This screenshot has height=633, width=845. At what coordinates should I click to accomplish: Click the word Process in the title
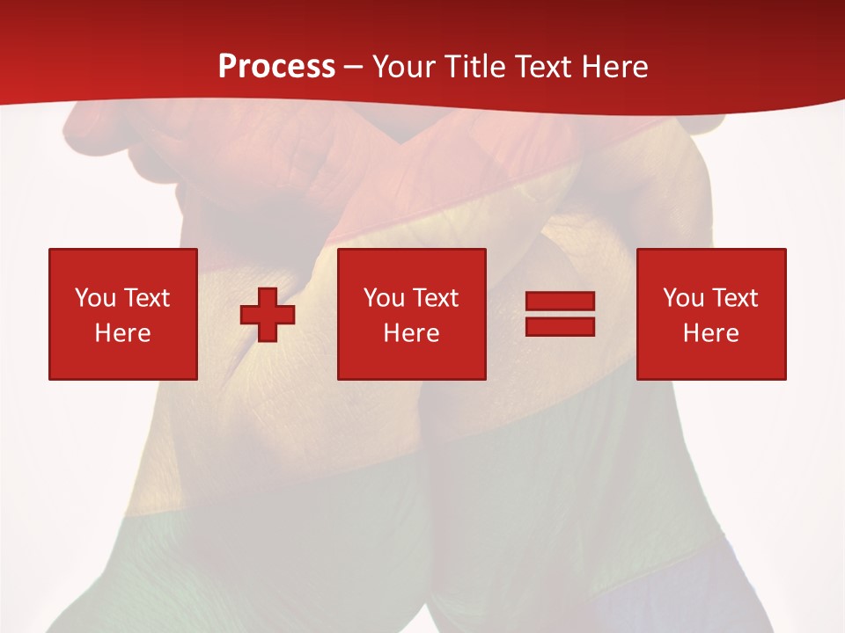pos(276,66)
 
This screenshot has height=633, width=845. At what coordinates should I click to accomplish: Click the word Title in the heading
pos(476,66)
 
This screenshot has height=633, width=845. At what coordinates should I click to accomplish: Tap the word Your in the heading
pos(406,66)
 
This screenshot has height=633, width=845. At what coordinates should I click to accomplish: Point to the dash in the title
pos(353,67)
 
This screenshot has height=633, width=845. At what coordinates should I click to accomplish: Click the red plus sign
pos(268,314)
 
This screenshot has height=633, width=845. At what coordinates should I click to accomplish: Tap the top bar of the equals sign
pos(560,302)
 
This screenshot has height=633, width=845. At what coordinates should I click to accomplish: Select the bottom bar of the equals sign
pos(560,326)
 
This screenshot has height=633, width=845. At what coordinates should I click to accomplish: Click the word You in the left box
pos(96,298)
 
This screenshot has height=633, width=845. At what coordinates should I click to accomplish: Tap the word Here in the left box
pos(123,333)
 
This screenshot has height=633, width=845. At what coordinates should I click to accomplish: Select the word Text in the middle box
pos(436,298)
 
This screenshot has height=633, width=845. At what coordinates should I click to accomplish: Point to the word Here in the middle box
pos(412,333)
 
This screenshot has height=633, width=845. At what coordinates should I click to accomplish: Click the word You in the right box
pos(684,298)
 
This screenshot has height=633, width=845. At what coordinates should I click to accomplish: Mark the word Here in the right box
pos(711,333)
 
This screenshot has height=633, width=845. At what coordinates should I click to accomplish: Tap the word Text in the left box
pos(147,298)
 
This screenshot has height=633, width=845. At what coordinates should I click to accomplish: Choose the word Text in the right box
pos(735,298)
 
